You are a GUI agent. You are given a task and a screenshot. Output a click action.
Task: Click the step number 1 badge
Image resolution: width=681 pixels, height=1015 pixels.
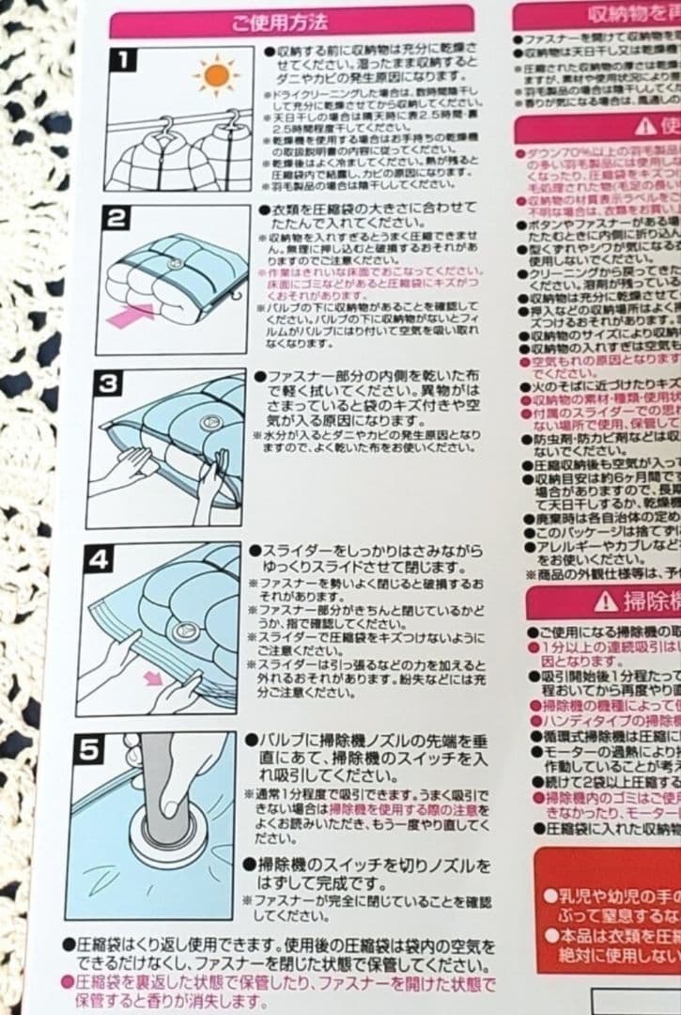123,62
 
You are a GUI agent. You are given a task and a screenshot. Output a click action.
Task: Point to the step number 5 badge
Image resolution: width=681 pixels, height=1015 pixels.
88,750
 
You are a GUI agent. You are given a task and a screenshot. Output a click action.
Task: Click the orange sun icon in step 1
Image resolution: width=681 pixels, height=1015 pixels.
216,75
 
